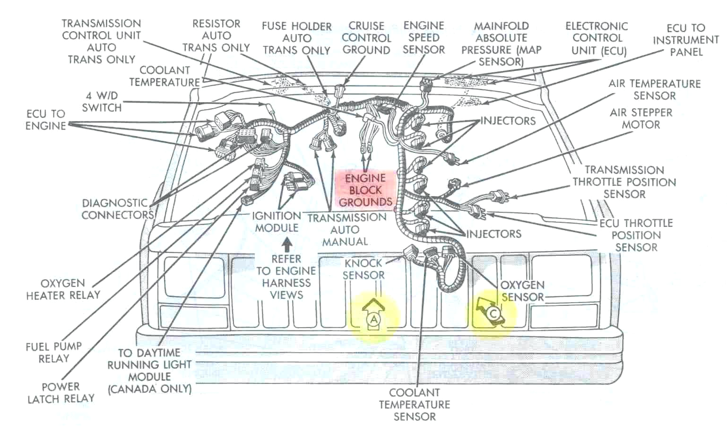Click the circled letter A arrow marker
tap(373, 315)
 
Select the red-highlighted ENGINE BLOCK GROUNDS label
tap(365, 190)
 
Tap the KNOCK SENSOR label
tap(363, 269)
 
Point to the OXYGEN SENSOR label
tap(522, 291)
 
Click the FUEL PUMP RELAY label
tap(53, 352)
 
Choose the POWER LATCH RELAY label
tap(61, 393)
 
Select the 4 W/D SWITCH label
tap(102, 102)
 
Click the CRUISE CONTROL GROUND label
tap(366, 38)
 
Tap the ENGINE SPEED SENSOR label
tap(424, 38)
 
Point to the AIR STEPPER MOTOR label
tap(641, 119)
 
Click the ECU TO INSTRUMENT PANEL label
tap(685, 40)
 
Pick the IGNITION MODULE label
tap(277, 222)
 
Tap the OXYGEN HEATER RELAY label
tap(63, 289)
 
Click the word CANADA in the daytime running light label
tap(134, 389)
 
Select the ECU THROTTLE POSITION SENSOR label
tap(636, 235)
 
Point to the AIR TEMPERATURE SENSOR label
tap(654, 89)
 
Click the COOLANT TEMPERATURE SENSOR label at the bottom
tap(414, 404)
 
